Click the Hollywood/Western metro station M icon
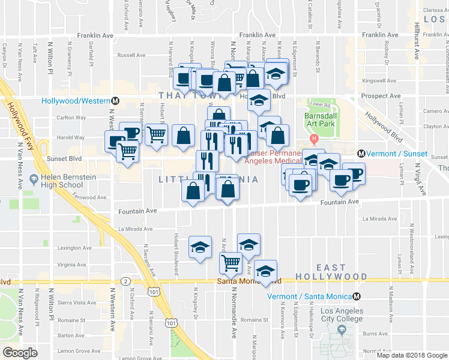(x=115, y=100)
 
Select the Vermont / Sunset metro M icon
(x=362, y=154)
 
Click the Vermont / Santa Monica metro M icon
(x=357, y=296)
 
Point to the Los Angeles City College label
(x=342, y=315)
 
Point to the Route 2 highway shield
(x=125, y=281)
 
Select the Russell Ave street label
(x=132, y=55)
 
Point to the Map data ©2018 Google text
(x=411, y=355)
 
